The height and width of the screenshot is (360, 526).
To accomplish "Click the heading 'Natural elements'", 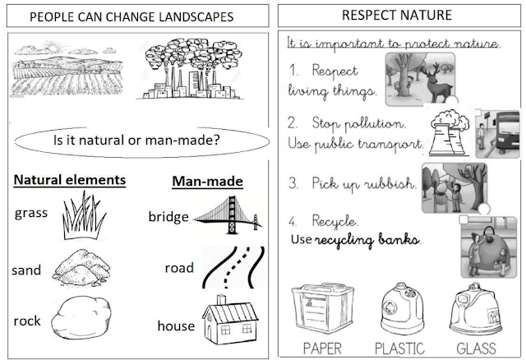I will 70,178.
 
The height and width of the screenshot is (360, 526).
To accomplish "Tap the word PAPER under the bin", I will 322,347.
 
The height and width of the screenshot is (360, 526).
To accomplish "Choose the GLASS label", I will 476,347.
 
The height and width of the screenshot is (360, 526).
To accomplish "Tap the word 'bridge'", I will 168,217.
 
